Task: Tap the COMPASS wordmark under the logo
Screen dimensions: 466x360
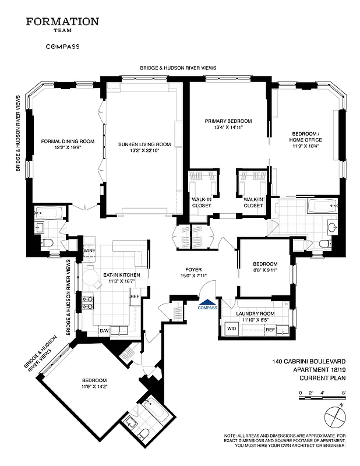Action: pos(62,47)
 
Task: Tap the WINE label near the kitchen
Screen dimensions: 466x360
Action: pos(89,251)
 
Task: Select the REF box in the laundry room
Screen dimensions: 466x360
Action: pos(270,330)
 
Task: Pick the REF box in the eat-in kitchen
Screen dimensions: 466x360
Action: pos(135,296)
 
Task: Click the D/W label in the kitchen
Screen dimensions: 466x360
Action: pos(104,331)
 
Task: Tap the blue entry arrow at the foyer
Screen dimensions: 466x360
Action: pos(207,302)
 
